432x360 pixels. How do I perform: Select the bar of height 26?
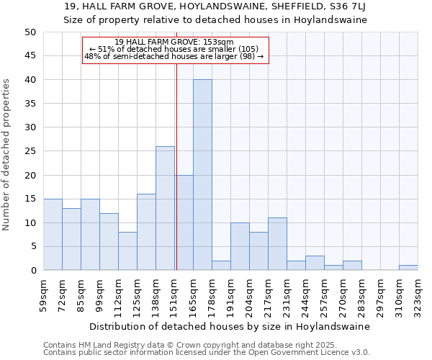pos(165,208)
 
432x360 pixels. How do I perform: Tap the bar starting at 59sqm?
pos(53,234)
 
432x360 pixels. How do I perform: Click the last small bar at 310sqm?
pos(408,268)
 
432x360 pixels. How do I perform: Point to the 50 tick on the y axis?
pos(30,32)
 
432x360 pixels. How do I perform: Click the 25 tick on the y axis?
pos(30,151)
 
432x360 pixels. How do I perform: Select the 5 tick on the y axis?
pos(32,246)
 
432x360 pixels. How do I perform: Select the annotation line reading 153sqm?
pos(174,42)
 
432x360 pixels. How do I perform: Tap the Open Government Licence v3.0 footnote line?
pos(206,353)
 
